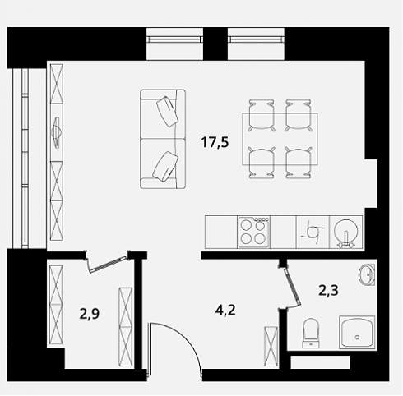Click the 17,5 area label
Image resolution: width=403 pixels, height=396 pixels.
(x=215, y=143)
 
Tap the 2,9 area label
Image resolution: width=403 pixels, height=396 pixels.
(x=90, y=314)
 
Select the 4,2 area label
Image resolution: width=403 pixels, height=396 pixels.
(x=225, y=311)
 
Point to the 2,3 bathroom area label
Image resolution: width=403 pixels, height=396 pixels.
(x=328, y=290)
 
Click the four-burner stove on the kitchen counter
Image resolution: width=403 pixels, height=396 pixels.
(x=254, y=233)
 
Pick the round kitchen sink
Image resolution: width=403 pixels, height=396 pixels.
(x=346, y=232)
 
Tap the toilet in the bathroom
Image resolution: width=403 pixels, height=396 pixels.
(x=311, y=334)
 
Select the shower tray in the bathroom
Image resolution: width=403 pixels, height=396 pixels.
(x=357, y=332)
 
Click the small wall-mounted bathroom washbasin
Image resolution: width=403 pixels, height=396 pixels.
(x=367, y=274)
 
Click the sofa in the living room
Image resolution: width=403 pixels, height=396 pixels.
(x=163, y=139)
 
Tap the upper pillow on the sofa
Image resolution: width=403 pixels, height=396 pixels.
(x=167, y=111)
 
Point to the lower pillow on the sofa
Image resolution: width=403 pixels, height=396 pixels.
(x=165, y=167)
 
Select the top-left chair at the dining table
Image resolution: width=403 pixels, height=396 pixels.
(x=262, y=115)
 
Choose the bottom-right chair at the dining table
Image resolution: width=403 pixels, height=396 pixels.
(x=299, y=163)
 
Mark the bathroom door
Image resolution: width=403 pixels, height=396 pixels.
(x=292, y=287)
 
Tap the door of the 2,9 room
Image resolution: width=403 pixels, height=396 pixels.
(x=108, y=265)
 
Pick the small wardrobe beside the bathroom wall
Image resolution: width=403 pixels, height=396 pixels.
(x=271, y=346)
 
